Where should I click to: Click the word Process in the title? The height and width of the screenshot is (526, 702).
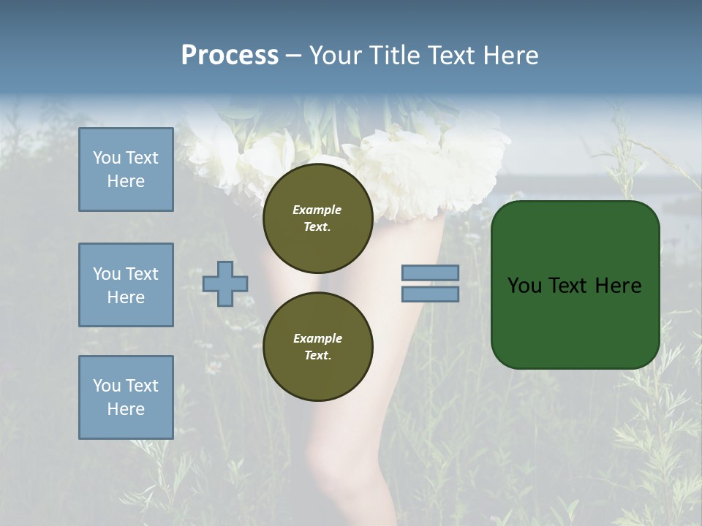[x=230, y=56]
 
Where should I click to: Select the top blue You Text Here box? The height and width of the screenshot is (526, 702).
[x=126, y=169]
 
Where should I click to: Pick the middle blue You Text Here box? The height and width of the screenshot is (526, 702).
[x=126, y=285]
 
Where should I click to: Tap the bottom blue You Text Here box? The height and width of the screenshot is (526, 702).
[x=126, y=397]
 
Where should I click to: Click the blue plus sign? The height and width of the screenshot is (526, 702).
[x=225, y=283]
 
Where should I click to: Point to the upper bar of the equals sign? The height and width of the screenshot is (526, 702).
[x=430, y=272]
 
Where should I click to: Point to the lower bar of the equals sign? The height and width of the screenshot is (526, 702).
[x=430, y=294]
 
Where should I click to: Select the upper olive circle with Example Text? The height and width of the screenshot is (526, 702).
[x=317, y=218]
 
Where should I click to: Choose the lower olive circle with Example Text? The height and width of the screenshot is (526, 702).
[x=317, y=346]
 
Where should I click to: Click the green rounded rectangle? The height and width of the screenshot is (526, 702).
[x=575, y=321]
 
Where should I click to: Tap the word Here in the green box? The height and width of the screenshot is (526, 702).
[x=618, y=286]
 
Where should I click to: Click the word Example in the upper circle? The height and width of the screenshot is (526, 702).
[x=317, y=210]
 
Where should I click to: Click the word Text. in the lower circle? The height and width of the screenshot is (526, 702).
[x=317, y=356]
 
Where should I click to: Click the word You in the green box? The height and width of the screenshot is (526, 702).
[x=524, y=286]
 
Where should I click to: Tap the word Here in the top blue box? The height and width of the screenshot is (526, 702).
[x=126, y=181]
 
